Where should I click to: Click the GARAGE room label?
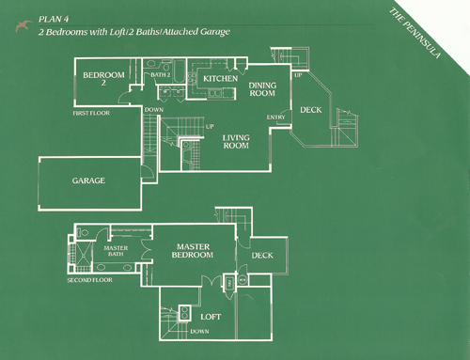(x=88, y=180)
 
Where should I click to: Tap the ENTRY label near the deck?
(x=276, y=117)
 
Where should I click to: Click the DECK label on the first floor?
(x=310, y=110)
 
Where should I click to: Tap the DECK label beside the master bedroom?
(x=263, y=255)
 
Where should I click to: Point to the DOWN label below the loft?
(x=199, y=332)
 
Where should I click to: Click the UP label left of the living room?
(x=209, y=127)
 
